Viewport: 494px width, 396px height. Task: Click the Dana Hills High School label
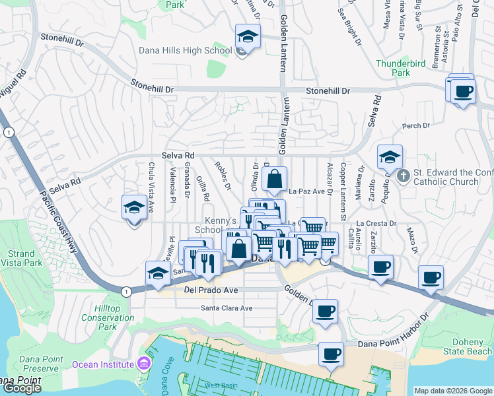(x=185, y=51)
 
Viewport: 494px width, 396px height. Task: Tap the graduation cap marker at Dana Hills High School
(x=248, y=36)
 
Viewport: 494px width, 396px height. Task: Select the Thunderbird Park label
(x=398, y=69)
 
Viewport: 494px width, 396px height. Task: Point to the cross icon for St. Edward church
(x=402, y=175)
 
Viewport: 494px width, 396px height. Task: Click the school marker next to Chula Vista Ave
(x=135, y=208)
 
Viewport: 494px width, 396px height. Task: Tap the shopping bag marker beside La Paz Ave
(x=274, y=178)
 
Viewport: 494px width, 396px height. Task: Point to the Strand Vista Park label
(x=22, y=259)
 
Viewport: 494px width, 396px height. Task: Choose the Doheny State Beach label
(x=471, y=346)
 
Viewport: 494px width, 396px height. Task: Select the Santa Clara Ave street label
(x=227, y=308)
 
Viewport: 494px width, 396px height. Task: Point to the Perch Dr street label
(x=416, y=125)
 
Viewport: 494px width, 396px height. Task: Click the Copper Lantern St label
(x=343, y=191)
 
